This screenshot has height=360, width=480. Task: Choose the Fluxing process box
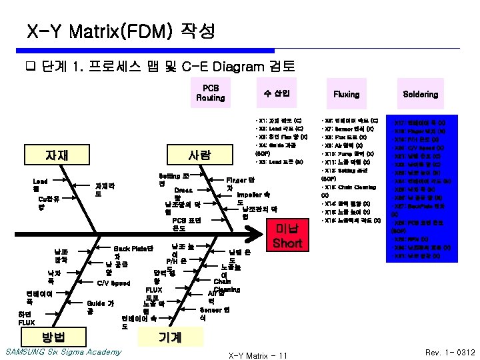click(346, 94)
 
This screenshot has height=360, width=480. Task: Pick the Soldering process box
click(420, 94)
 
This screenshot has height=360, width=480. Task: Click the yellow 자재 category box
click(57, 156)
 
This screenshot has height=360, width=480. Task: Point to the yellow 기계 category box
click(170, 337)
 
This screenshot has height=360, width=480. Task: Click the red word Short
click(287, 243)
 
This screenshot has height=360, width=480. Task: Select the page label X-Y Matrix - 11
click(257, 355)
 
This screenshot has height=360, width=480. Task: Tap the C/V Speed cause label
click(113, 283)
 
